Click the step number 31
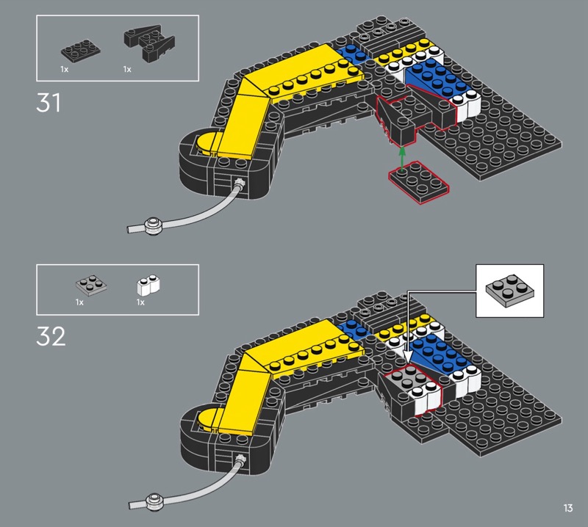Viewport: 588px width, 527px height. (x=49, y=103)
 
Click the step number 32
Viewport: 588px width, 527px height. (x=51, y=335)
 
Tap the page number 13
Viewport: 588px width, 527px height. (x=568, y=508)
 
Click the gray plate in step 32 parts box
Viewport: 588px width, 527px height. (x=90, y=285)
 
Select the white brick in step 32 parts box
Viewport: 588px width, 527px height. (x=150, y=284)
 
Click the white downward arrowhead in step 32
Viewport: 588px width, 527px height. (x=405, y=352)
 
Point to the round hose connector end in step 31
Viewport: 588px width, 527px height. (x=154, y=225)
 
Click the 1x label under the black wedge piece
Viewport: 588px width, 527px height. (x=127, y=69)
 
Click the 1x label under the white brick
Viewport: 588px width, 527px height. (x=140, y=302)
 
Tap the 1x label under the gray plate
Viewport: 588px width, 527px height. (x=79, y=302)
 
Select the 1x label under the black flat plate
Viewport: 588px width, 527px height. (x=65, y=69)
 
